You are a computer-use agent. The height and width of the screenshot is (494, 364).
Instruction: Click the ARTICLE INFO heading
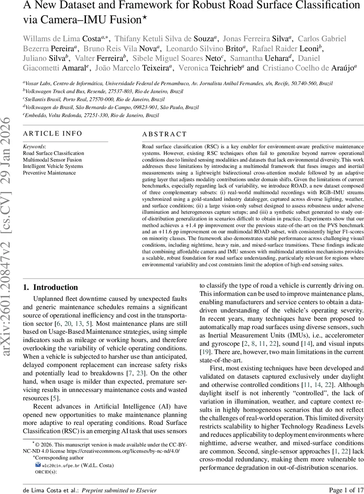click(x=53, y=133)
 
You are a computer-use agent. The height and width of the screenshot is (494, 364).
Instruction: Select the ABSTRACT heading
click(x=164, y=134)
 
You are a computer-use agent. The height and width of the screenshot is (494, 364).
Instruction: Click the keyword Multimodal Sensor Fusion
click(x=52, y=160)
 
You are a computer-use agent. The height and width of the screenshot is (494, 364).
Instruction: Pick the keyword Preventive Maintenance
click(x=49, y=173)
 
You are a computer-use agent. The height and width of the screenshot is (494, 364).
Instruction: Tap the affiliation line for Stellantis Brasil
click(x=94, y=99)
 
